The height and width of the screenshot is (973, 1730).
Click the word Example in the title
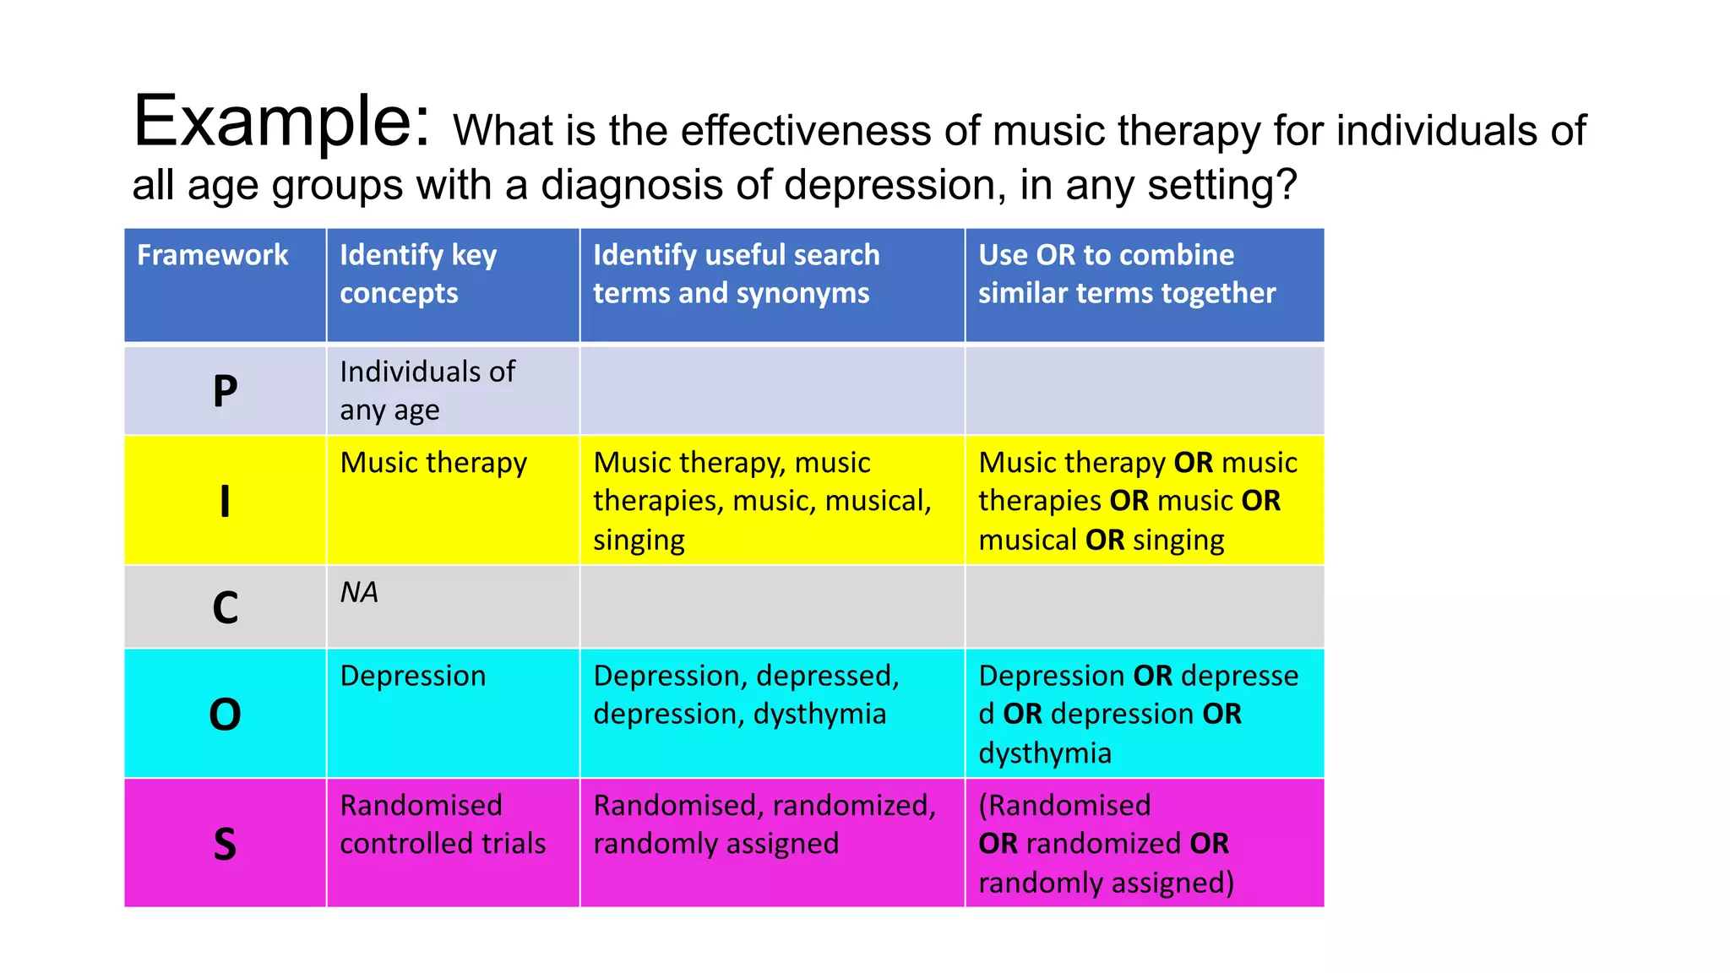pos(281,122)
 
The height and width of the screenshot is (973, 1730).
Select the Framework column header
pos(213,255)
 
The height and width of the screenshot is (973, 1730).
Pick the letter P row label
pos(225,391)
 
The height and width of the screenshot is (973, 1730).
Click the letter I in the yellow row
pos(225,501)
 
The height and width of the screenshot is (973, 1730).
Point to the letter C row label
pos(225,607)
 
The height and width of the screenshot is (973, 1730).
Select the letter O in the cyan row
pos(225,715)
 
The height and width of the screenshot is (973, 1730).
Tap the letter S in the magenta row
pos(225,844)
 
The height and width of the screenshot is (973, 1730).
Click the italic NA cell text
pos(359,592)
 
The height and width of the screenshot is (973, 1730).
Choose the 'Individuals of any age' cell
pos(427,390)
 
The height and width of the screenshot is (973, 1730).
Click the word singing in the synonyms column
pos(639,540)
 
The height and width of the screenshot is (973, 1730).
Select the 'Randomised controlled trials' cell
pos(443,824)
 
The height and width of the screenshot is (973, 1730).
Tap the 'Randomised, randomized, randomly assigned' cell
pos(764,824)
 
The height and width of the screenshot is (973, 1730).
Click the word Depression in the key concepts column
pos(413,676)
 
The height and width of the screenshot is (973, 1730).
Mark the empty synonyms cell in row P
pos(772,391)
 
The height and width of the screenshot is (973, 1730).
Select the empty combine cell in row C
pos(1145,607)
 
